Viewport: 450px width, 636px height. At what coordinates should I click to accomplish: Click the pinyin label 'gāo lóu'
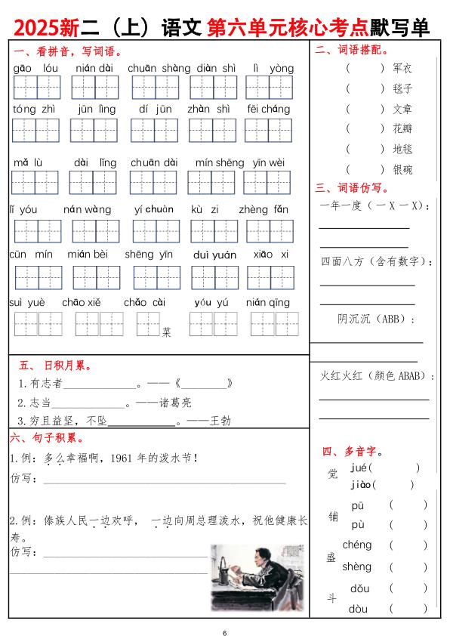click(x=35, y=69)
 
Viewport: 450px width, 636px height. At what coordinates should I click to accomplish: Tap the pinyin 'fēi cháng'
click(x=268, y=109)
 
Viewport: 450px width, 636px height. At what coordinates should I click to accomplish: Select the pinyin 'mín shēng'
click(x=220, y=162)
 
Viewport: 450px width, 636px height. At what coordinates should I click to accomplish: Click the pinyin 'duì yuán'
click(x=214, y=255)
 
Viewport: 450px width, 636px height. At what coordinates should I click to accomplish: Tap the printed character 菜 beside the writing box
click(x=167, y=331)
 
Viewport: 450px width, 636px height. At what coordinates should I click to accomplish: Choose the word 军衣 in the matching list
click(x=402, y=68)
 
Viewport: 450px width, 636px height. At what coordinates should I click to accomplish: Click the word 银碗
click(x=402, y=170)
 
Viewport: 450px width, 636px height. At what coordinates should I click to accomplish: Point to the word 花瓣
click(x=402, y=129)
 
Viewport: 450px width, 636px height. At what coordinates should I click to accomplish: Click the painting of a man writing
click(x=257, y=581)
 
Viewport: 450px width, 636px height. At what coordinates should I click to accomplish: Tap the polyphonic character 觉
click(x=333, y=474)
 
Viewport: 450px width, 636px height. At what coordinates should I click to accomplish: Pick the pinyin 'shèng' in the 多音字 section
click(x=356, y=567)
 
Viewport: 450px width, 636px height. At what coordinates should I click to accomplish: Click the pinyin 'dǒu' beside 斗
click(x=359, y=588)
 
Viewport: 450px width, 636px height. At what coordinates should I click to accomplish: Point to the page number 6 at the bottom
click(x=224, y=631)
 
